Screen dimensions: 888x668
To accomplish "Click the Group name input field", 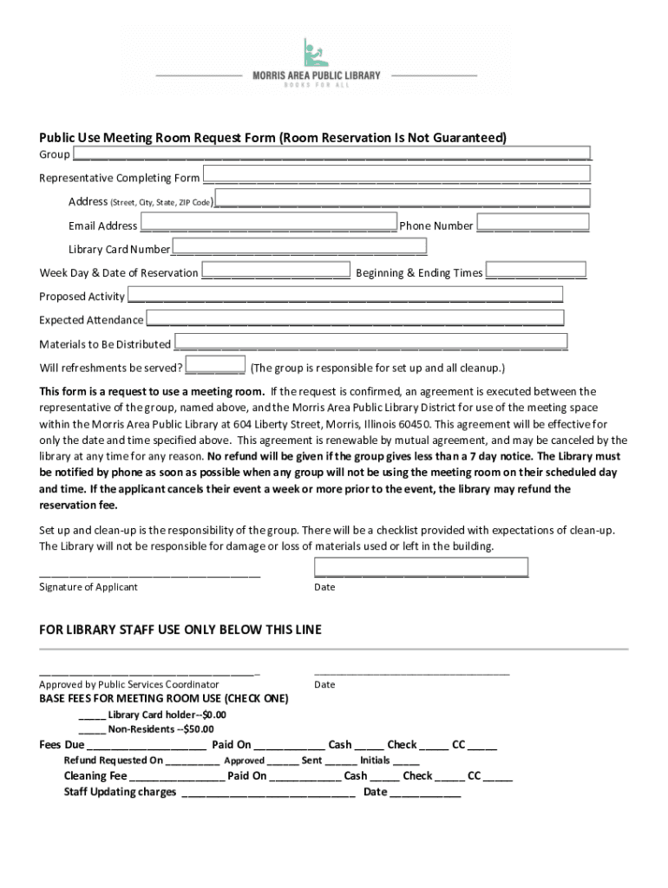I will (x=331, y=153).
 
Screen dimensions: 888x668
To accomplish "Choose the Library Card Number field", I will (x=299, y=248).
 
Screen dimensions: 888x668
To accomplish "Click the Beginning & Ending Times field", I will (x=535, y=271).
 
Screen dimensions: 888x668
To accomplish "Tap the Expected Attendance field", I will (x=354, y=318).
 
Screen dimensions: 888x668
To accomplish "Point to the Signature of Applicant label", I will (x=88, y=587).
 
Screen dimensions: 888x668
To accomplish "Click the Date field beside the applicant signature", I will (x=421, y=568).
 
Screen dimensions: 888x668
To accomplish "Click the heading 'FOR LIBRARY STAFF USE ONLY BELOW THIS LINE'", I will (x=180, y=630).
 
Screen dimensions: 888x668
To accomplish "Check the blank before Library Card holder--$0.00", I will (x=92, y=715).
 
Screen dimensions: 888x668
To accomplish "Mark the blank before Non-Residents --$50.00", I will (x=92, y=728).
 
